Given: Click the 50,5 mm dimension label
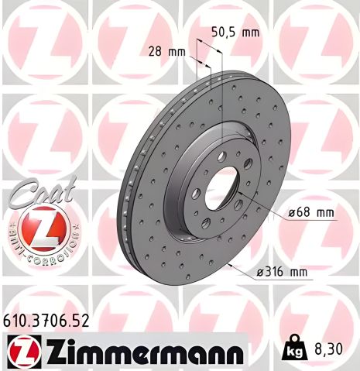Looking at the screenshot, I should tap(237, 33).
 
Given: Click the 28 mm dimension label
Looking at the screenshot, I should tap(166, 51).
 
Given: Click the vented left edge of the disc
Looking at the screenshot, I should tap(125, 205).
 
